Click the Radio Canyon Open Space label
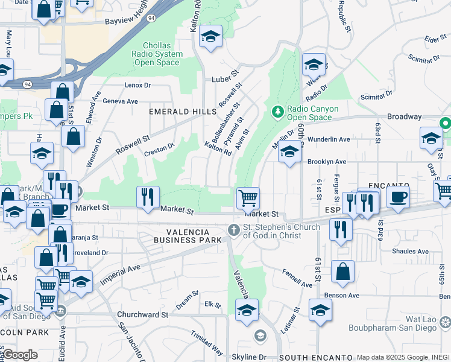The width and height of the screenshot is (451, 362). click(x=312, y=113)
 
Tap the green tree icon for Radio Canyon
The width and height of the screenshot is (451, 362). click(x=277, y=112)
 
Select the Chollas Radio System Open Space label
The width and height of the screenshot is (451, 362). click(x=163, y=54)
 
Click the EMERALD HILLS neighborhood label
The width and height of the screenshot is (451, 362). click(x=183, y=112)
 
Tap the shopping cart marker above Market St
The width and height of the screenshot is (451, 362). click(x=247, y=198)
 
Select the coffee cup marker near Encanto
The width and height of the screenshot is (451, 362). click(x=398, y=197)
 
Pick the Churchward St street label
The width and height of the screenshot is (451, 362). click(x=143, y=314)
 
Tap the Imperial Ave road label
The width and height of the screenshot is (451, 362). click(x=120, y=275)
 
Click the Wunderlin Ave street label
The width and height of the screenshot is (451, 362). click(x=329, y=139)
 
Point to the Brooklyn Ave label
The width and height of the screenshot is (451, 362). click(x=327, y=162)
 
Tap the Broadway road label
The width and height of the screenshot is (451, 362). click(x=404, y=116)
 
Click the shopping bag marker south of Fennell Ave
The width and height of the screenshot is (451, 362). click(x=342, y=271)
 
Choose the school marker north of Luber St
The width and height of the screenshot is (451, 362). click(x=210, y=37)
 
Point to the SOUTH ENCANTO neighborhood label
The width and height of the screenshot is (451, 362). click(x=312, y=358)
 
